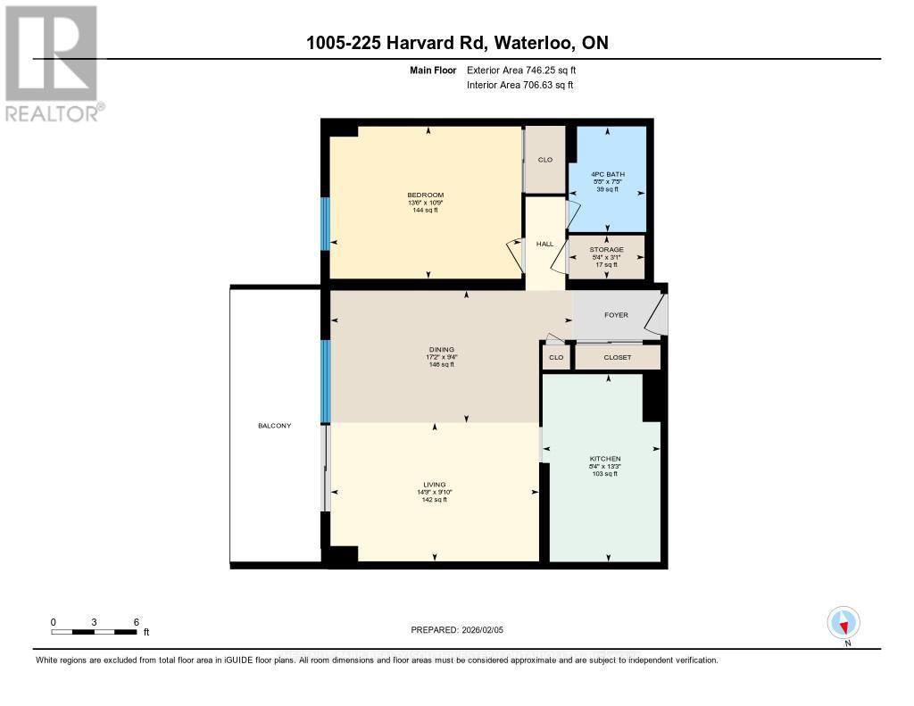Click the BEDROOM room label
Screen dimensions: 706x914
[425, 195]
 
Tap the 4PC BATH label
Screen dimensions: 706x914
[607, 173]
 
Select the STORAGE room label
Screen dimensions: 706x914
[607, 250]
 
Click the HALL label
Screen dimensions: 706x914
[544, 244]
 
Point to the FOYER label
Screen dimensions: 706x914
[617, 315]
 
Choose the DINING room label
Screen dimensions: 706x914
[441, 349]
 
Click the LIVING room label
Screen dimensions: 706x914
[434, 484]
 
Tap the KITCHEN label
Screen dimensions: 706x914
[604, 458]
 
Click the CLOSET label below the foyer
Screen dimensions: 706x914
[617, 357]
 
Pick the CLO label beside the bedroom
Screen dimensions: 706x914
[544, 160]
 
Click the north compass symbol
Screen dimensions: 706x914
[843, 622]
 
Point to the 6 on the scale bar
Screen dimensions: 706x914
[136, 621]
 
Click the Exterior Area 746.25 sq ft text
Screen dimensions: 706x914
[527, 70]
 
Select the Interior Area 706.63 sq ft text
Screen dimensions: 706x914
[519, 85]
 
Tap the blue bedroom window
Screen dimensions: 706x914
[326, 223]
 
